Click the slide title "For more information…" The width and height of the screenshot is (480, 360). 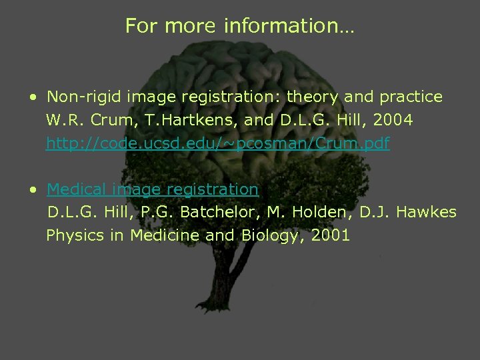coord(240,26)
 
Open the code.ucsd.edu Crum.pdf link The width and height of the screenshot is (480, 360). coord(217,143)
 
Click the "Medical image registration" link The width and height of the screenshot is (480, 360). coord(153,189)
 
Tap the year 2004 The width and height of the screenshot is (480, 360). coord(394,121)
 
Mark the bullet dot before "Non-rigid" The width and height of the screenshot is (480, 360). coord(33,97)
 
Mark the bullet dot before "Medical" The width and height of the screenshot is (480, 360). coord(33,190)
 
